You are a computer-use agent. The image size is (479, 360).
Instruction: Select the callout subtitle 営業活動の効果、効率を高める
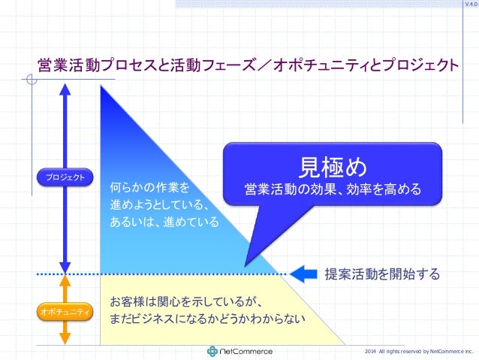click(332, 188)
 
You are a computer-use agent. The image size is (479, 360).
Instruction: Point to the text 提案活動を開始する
click(381, 274)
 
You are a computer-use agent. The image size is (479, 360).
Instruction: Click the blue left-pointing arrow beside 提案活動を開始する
click(303, 274)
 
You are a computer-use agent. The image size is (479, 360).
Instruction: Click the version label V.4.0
click(470, 5)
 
